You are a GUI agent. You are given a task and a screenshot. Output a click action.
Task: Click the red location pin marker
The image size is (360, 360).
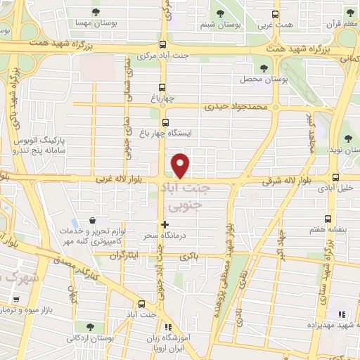coord(181,166)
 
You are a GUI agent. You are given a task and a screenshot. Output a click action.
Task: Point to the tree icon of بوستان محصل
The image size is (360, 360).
coord(264,68)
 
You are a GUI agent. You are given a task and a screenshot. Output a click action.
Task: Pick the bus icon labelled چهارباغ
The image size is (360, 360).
coord(163,88)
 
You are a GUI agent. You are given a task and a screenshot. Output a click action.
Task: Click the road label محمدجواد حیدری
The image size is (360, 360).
coord(237,108)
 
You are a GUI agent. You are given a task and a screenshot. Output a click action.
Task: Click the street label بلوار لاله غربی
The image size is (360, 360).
coord(124,181)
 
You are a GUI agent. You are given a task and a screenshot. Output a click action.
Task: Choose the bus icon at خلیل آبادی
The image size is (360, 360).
coord(335,177)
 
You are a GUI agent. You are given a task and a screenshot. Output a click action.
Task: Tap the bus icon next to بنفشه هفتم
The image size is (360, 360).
coord(328,219)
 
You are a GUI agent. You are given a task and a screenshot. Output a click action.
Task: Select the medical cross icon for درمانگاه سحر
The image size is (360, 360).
coord(165,225)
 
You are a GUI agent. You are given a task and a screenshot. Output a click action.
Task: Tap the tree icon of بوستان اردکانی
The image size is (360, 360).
coord(89,326)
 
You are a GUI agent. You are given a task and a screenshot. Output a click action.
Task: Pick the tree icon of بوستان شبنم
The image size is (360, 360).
coord(220,13)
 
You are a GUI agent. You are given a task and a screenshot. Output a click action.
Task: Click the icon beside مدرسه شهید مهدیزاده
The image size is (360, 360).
coord(342,314)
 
